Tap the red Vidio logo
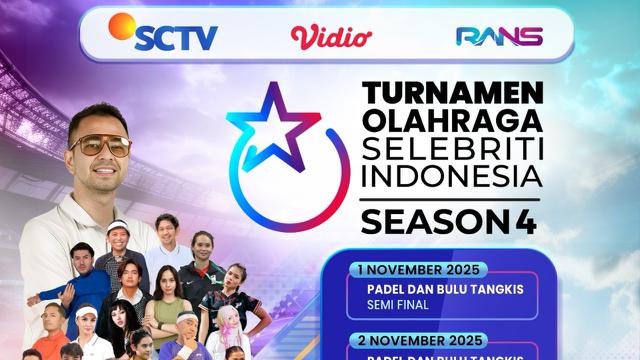pyautogui.click(x=331, y=36)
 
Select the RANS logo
pyautogui.click(x=498, y=36)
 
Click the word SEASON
pyautogui.click(x=429, y=223)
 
